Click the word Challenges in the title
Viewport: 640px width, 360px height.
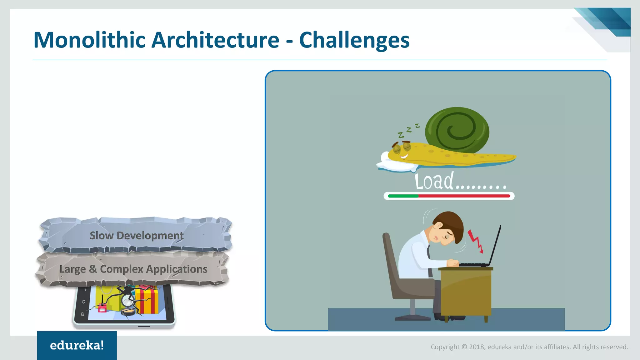[354, 40]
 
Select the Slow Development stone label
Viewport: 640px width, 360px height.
[136, 235]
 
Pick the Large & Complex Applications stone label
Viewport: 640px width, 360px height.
[133, 269]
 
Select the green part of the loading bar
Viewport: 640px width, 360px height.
[403, 196]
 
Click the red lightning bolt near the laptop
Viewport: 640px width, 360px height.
[475, 241]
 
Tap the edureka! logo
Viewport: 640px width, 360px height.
[77, 345]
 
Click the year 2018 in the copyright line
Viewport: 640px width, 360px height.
[476, 347]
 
